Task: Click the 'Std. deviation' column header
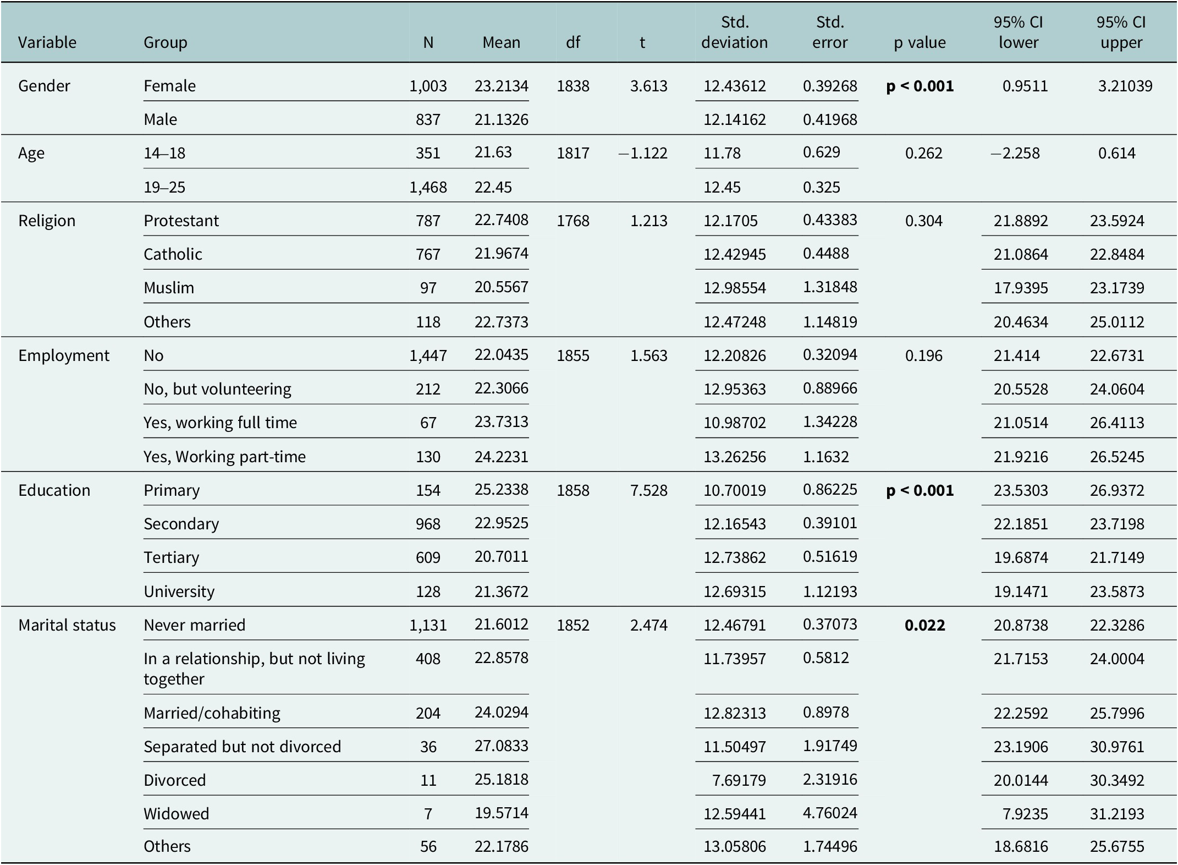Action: click(x=735, y=32)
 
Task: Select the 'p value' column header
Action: click(x=920, y=42)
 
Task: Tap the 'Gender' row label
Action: click(x=44, y=86)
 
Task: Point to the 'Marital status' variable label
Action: click(x=67, y=625)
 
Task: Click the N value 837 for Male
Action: click(x=428, y=119)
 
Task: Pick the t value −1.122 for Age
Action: click(x=642, y=153)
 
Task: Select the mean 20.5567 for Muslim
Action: click(x=502, y=287)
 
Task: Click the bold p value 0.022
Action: click(x=925, y=625)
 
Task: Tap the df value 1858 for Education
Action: click(x=573, y=490)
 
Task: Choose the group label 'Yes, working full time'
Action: click(x=220, y=423)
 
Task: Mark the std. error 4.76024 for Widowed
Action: click(x=830, y=813)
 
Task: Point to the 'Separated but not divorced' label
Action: click(x=243, y=747)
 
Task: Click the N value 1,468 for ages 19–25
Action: click(x=428, y=187)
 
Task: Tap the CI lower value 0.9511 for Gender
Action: click(x=1025, y=86)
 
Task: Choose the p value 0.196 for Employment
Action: click(x=924, y=355)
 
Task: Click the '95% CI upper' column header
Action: click(x=1121, y=32)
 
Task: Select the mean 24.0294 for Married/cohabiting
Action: click(x=502, y=712)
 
